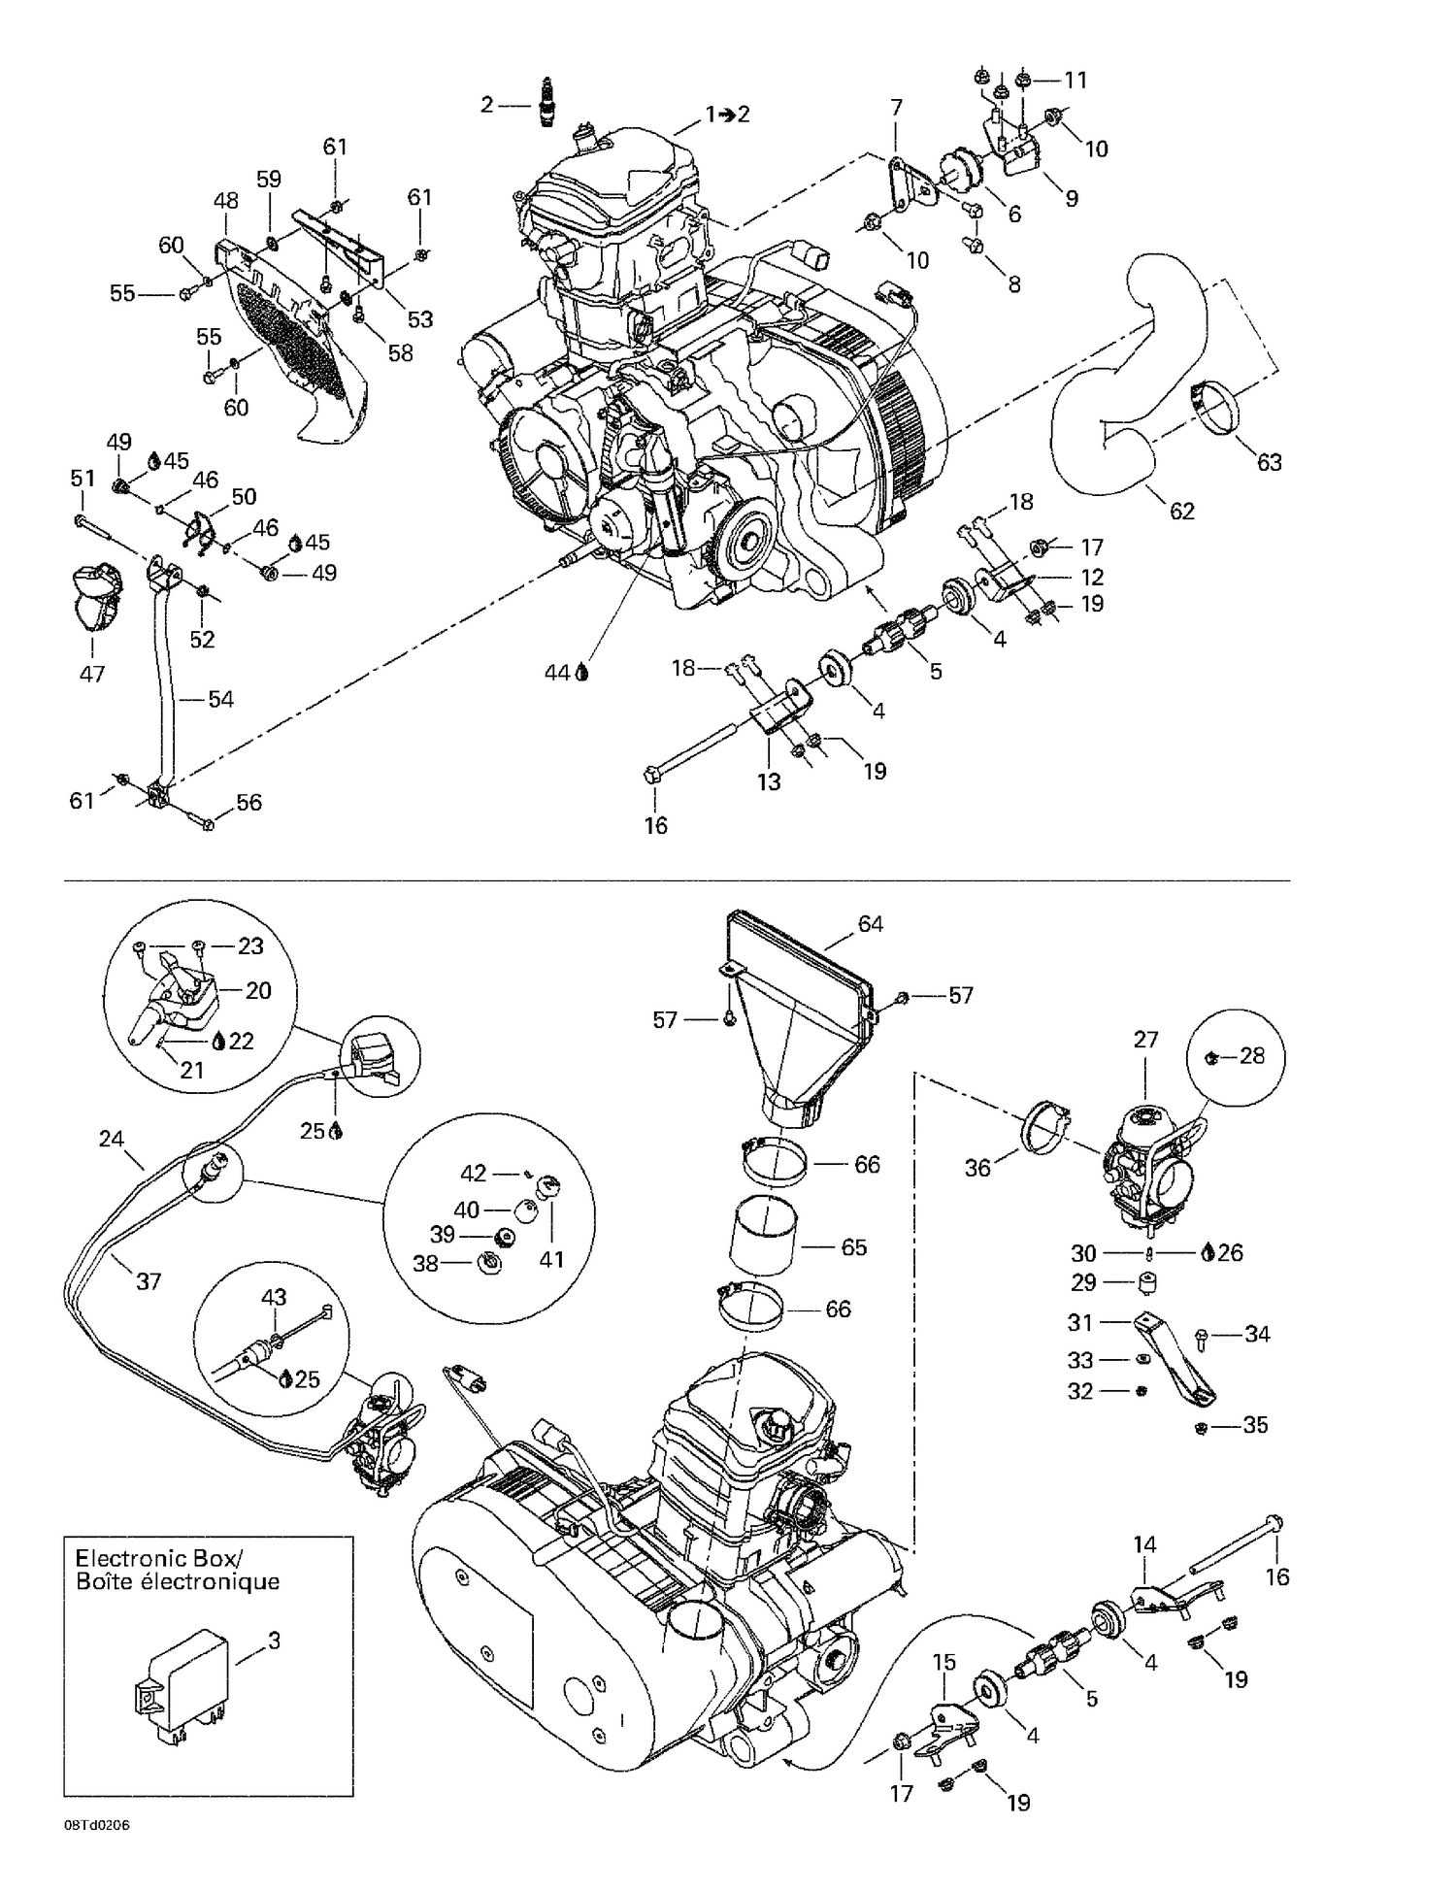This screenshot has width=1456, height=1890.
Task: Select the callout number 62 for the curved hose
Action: pos(1181,511)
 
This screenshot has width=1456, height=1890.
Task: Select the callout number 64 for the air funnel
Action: pos(870,924)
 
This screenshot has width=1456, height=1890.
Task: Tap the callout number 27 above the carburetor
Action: pos(1145,1040)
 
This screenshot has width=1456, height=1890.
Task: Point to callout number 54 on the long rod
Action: pos(221,699)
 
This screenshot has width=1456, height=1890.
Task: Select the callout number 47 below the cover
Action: pos(91,673)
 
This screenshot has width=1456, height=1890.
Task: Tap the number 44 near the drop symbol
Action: pos(556,672)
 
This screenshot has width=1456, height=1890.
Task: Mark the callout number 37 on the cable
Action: pos(148,1281)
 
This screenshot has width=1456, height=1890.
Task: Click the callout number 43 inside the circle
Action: pos(274,1296)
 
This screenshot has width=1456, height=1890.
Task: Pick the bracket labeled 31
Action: pos(1179,1359)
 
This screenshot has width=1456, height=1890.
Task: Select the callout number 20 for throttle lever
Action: pos(258,990)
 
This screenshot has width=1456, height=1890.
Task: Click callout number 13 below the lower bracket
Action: pos(769,781)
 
